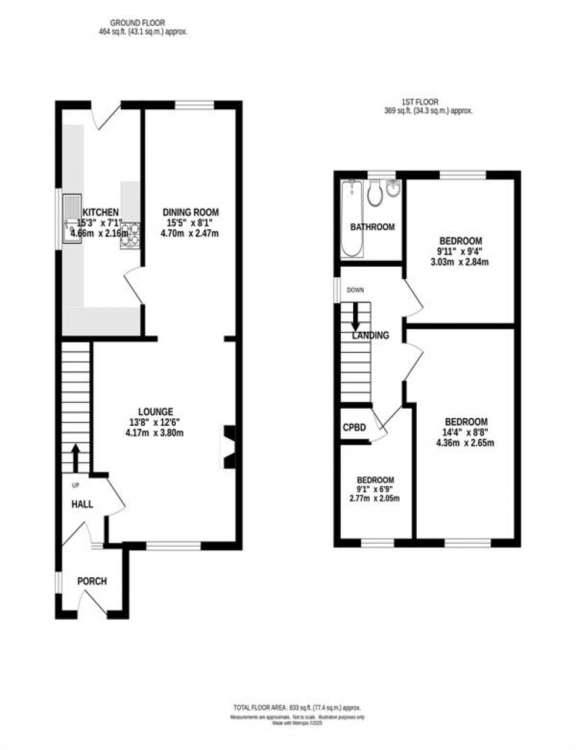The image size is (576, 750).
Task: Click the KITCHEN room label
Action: [101, 212]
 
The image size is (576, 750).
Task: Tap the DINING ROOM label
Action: [190, 212]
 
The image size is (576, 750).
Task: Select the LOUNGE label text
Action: [155, 412]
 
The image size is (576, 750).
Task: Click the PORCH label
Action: [92, 581]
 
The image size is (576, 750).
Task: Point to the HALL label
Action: [82, 504]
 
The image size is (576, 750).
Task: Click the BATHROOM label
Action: [372, 227]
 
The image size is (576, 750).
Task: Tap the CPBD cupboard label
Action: [355, 428]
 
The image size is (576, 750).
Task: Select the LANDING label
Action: [370, 335]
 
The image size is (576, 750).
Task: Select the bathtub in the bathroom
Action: [352, 219]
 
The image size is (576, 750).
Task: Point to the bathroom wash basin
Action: [393, 189]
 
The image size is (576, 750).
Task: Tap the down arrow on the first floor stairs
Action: [356, 317]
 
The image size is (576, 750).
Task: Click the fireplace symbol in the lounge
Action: [228, 446]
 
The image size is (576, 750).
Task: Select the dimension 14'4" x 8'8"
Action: [465, 432]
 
